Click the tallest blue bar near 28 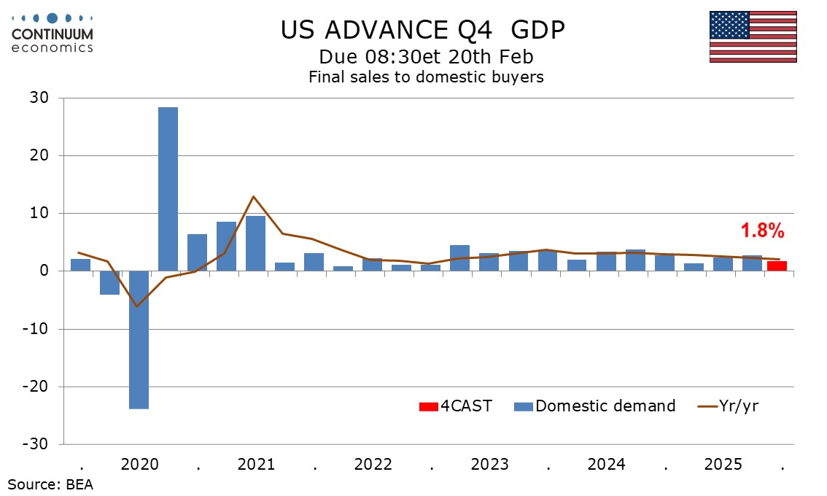pyautogui.click(x=168, y=189)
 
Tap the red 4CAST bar pyautogui.click(x=777, y=266)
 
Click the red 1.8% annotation pyautogui.click(x=762, y=231)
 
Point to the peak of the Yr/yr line pyautogui.click(x=253, y=196)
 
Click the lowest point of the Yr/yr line pyautogui.click(x=136, y=306)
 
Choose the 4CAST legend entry pyautogui.click(x=455, y=406)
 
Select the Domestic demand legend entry pyautogui.click(x=595, y=406)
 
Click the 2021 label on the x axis pyautogui.click(x=256, y=465)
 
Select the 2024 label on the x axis pyautogui.click(x=606, y=465)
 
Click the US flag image pyautogui.click(x=753, y=36)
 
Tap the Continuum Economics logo pyautogui.click(x=52, y=33)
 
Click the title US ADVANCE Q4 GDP pyautogui.click(x=422, y=29)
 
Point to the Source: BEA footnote pyautogui.click(x=51, y=484)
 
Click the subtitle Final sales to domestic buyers pyautogui.click(x=426, y=77)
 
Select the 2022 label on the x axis pyautogui.click(x=373, y=465)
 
